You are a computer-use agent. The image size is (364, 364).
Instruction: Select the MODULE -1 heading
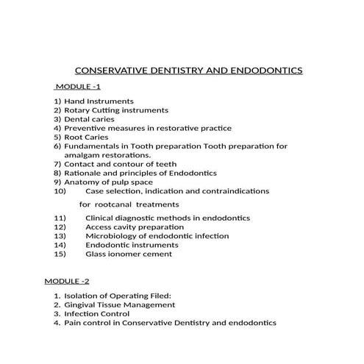pos(77,87)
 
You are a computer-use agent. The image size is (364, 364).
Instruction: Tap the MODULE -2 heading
pos(66,282)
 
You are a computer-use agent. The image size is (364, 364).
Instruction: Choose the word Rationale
pos(84,173)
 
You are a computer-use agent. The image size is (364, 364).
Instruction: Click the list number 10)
pos(61,191)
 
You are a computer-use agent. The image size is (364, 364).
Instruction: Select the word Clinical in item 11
pos(101,218)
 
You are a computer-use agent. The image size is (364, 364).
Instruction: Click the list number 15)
pos(61,254)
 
